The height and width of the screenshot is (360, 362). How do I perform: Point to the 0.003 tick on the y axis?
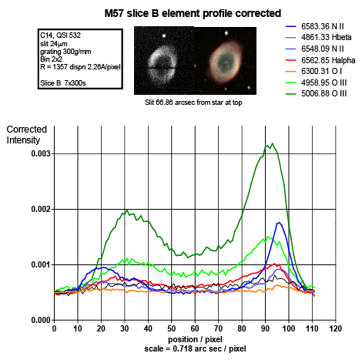pyautogui.click(x=41, y=153)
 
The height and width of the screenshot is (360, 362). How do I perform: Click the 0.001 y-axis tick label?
pyautogui.click(x=41, y=264)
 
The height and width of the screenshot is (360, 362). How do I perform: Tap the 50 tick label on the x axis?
pyautogui.click(x=172, y=328)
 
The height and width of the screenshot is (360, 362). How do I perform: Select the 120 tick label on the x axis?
pyautogui.click(x=336, y=328)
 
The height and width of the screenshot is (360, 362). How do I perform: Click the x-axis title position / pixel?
pyautogui.click(x=195, y=339)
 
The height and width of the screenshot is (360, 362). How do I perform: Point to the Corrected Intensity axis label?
pyautogui.click(x=26, y=135)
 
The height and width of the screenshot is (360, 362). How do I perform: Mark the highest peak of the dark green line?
pyautogui.click(x=273, y=143)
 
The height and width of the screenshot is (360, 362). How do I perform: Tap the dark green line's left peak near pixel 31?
pyautogui.click(x=127, y=210)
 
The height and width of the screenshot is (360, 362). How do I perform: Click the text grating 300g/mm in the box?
pyautogui.click(x=65, y=52)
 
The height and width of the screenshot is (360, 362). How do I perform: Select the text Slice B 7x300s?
pyautogui.click(x=63, y=83)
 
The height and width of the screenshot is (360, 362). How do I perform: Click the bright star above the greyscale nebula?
pyautogui.click(x=164, y=36)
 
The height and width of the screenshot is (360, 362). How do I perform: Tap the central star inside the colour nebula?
pyautogui.click(x=226, y=62)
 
